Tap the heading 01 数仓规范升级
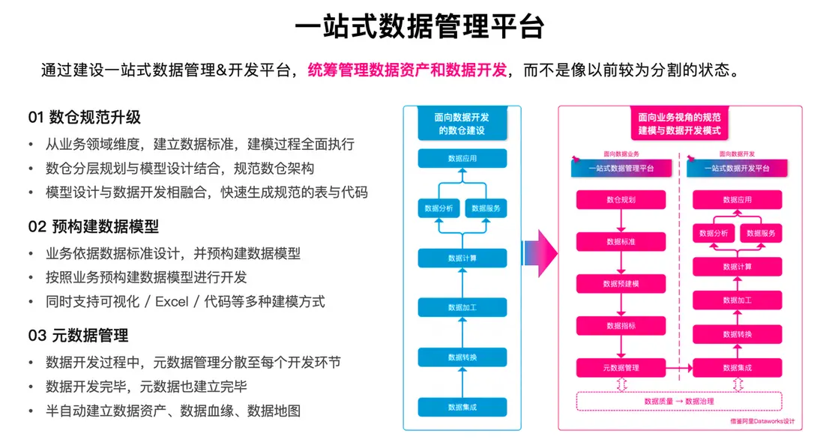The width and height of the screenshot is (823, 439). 85,118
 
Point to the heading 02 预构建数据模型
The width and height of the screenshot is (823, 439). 94,226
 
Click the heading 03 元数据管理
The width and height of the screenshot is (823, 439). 78,335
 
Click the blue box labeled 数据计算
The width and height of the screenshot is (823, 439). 462,258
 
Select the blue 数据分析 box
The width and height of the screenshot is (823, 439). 438,208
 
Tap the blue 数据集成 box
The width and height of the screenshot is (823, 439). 462,408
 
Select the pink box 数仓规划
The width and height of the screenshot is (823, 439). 621,200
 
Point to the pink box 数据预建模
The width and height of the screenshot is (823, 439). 621,284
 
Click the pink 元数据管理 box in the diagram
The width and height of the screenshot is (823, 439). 621,368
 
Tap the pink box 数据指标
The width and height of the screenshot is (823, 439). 621,326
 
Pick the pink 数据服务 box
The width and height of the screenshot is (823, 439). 761,234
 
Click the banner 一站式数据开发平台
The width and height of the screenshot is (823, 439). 738,169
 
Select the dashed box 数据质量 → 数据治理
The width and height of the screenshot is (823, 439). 679,402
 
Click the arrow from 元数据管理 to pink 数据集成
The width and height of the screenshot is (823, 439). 678,368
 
